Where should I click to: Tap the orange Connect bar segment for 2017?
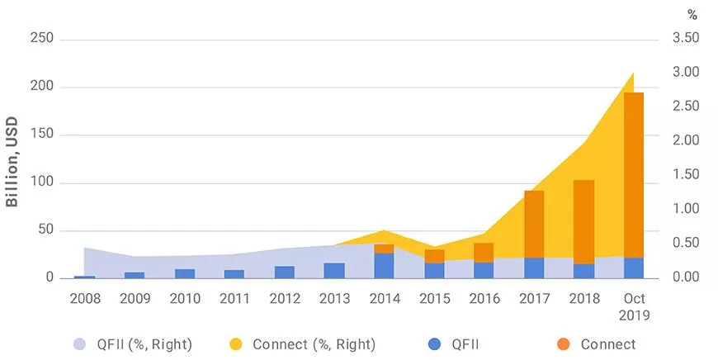534,224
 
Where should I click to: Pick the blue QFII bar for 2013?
334,271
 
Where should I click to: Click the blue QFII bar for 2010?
185,273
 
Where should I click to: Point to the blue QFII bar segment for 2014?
384,266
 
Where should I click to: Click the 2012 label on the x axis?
284,298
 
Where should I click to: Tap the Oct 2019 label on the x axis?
634,306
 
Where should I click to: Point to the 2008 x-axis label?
85,298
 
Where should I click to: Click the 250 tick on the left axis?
41,39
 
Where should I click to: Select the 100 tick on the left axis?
41,182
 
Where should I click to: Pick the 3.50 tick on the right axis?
686,38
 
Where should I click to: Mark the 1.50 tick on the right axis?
686,174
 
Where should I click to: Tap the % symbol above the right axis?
692,14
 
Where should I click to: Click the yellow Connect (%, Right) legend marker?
237,344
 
